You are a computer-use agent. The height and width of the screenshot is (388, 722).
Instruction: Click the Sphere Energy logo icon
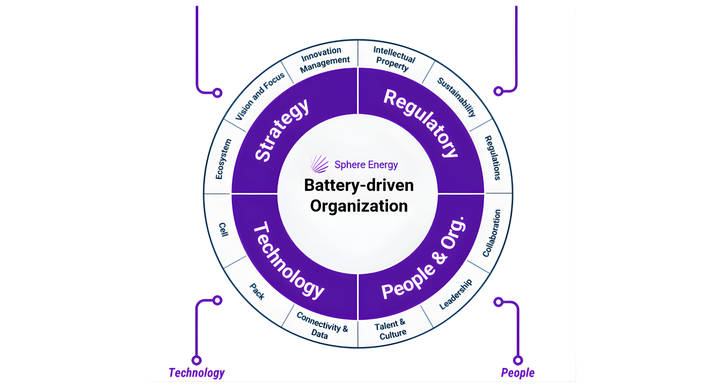[319, 164]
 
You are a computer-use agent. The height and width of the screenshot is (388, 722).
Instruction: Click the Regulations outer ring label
[493, 158]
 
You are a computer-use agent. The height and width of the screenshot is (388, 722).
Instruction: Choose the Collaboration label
[492, 233]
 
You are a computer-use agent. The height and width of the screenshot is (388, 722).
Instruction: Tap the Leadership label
[456, 294]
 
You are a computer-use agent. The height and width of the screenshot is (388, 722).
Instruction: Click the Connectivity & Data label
[321, 325]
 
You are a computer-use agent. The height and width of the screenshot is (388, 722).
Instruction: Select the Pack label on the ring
[257, 291]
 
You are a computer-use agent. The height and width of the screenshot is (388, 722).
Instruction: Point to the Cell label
[223, 229]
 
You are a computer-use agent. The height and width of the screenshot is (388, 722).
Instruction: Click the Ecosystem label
[223, 159]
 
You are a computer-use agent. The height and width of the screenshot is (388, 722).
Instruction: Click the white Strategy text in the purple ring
[282, 130]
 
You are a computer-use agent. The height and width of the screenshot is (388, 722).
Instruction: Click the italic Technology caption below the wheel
[196, 373]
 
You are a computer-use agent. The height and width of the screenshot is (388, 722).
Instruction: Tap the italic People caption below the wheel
[517, 373]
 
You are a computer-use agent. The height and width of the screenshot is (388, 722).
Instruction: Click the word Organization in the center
[359, 206]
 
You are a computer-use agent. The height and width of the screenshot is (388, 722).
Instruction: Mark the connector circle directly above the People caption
[518, 360]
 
